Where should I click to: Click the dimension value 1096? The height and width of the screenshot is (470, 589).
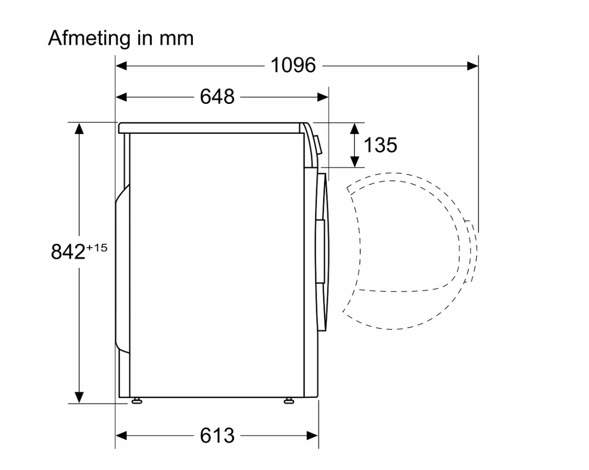click(293, 66)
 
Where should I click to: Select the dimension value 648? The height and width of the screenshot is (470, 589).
click(217, 96)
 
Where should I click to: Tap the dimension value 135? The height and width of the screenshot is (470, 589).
click(380, 145)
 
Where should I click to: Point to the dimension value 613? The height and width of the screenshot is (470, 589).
click(217, 435)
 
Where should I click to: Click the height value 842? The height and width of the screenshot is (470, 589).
click(68, 251)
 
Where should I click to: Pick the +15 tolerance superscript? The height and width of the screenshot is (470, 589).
click(96, 248)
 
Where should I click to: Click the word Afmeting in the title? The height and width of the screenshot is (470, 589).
click(89, 38)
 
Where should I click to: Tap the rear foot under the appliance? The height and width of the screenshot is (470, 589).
click(137, 401)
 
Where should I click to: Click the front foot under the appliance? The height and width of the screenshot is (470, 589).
click(289, 401)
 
